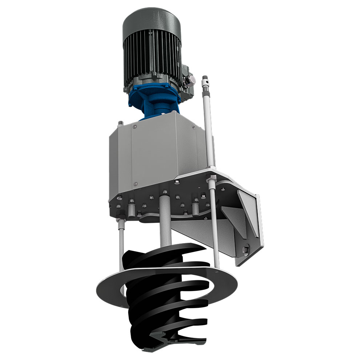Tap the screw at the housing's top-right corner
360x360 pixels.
click(x=193, y=127)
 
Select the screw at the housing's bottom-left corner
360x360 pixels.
click(x=135, y=183)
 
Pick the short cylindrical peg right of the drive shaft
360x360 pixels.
click(x=196, y=207)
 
